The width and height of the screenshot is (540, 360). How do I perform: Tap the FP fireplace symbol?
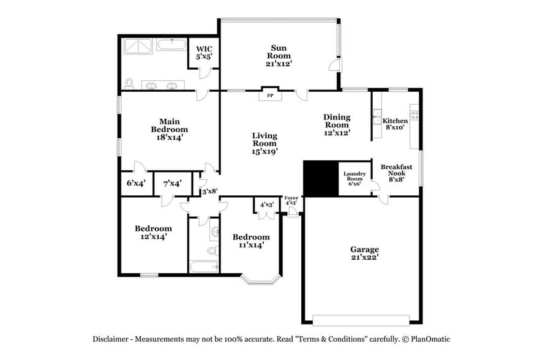(269, 95)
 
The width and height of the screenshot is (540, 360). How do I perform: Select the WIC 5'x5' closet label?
(203, 52)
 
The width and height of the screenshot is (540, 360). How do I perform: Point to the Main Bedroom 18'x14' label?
(169, 129)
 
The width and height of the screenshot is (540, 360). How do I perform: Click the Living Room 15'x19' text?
(264, 143)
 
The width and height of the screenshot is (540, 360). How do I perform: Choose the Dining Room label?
(337, 124)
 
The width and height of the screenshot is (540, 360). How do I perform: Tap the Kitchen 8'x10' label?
(395, 124)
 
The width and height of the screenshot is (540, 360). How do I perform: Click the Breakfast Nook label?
(396, 173)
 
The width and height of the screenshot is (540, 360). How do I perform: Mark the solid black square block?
(321, 179)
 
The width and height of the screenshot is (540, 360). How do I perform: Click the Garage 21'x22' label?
(364, 253)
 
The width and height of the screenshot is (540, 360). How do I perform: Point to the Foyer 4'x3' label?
(291, 200)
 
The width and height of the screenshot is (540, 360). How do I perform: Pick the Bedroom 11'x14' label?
(251, 241)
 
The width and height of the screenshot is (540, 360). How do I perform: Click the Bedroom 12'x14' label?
(153, 232)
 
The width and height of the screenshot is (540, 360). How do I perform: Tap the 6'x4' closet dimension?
(136, 183)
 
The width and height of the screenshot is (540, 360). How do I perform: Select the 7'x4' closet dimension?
(171, 183)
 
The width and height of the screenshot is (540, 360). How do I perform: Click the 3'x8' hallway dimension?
(210, 192)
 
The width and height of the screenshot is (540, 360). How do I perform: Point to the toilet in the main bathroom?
(129, 83)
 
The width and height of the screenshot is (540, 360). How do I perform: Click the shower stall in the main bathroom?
(138, 46)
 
